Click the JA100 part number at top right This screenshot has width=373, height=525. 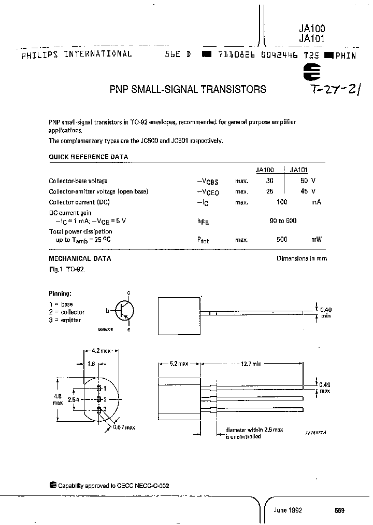(x=312, y=30)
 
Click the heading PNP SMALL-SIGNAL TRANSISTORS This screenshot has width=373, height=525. (x=188, y=89)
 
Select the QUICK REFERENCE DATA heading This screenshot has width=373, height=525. (x=88, y=157)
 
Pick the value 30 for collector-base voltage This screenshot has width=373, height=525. (x=269, y=181)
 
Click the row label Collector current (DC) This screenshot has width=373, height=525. (x=79, y=202)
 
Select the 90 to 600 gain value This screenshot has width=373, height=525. (x=283, y=220)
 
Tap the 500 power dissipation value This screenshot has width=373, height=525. (x=282, y=240)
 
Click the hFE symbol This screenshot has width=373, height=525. (x=204, y=222)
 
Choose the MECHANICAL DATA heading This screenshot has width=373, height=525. (x=80, y=258)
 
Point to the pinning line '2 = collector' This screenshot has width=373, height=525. (x=67, y=312)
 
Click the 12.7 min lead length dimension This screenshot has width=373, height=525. (x=250, y=364)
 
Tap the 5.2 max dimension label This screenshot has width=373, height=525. (x=179, y=364)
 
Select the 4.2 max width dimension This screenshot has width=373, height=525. (x=102, y=351)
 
